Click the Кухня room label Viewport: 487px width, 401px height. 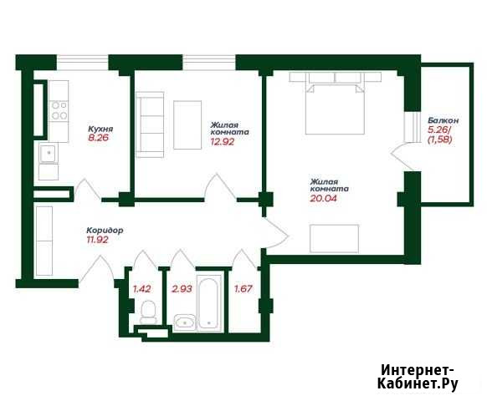[x=100, y=129]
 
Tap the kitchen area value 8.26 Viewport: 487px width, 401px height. [x=98, y=138]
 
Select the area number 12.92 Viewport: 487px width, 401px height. [x=223, y=142]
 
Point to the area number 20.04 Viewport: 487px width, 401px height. [x=323, y=198]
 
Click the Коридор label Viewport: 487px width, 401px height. [x=105, y=231]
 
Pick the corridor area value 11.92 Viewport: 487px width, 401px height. [x=98, y=240]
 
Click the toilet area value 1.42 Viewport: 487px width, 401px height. [x=142, y=289]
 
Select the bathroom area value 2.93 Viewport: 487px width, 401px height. [x=182, y=289]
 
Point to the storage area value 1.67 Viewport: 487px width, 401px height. [x=243, y=289]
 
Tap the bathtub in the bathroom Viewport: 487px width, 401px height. [x=208, y=302]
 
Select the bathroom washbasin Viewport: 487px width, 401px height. [x=185, y=322]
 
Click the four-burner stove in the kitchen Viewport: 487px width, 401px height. [x=59, y=111]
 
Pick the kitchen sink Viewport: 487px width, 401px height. [x=48, y=152]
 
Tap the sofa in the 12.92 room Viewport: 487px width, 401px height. [x=150, y=124]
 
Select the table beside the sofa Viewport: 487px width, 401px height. [x=187, y=124]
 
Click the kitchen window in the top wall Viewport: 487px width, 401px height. [x=82, y=63]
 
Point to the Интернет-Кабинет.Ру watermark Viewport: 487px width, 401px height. [x=418, y=377]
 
